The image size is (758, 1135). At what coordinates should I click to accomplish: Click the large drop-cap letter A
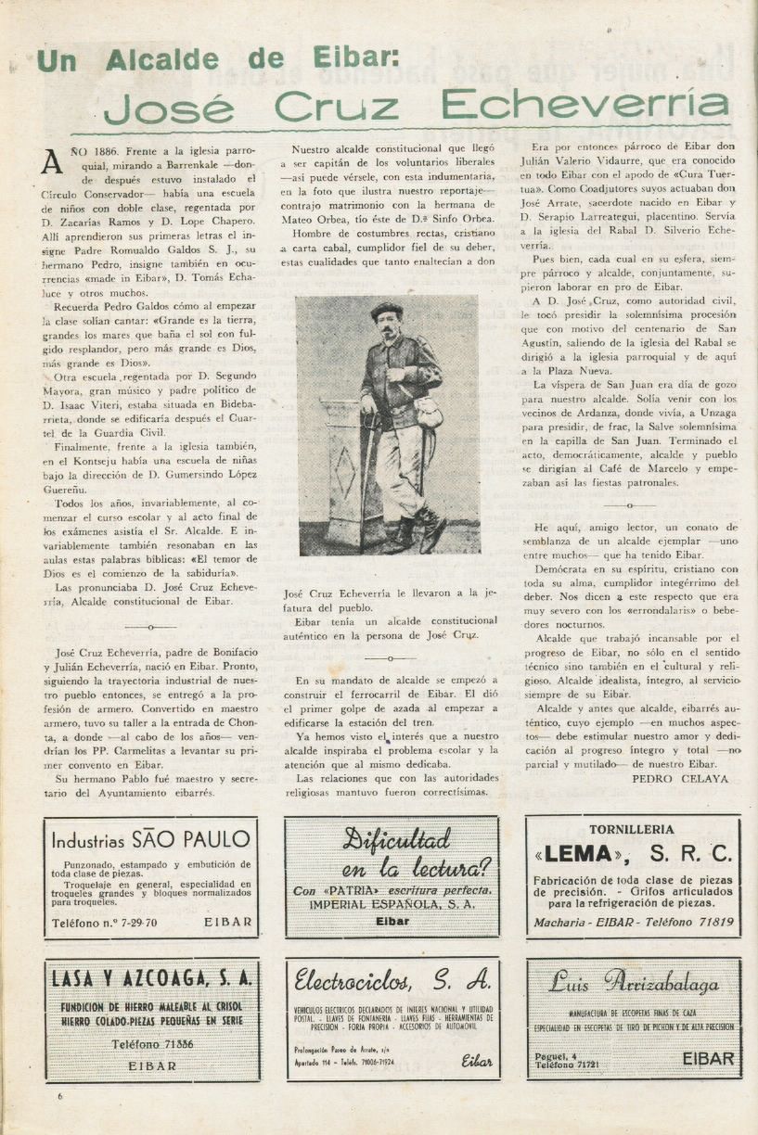53,162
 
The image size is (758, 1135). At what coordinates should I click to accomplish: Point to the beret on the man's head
386,310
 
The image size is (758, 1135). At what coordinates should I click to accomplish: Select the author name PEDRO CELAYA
679,779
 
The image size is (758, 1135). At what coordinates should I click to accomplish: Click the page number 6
59,1096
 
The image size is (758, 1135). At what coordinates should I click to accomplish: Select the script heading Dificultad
395,840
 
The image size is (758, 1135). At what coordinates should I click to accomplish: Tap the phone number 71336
166,1044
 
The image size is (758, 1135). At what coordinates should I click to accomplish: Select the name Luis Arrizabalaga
634,982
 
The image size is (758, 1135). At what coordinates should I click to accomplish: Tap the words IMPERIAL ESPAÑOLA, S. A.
392,904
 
